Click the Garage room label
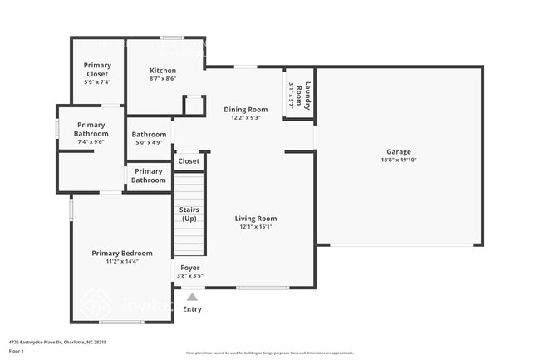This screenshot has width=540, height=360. pyautogui.click(x=398, y=152)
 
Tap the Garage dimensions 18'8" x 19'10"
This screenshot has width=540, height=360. pyautogui.click(x=398, y=160)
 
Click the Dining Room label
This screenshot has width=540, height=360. pyautogui.click(x=246, y=109)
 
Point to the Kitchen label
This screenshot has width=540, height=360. pyautogui.click(x=163, y=70)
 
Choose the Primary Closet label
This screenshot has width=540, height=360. pyautogui.click(x=97, y=69)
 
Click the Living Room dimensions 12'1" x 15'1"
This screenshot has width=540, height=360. pyautogui.click(x=255, y=227)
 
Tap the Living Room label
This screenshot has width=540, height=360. pyautogui.click(x=255, y=219)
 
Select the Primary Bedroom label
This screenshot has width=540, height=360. pyautogui.click(x=122, y=253)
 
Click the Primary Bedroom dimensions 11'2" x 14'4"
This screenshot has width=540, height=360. pyautogui.click(x=122, y=261)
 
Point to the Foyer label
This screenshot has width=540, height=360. pyautogui.click(x=190, y=268)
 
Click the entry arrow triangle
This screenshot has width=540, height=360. pyautogui.click(x=192, y=296)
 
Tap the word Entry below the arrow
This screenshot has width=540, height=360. pyautogui.click(x=192, y=309)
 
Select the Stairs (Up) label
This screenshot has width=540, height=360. pyautogui.click(x=189, y=214)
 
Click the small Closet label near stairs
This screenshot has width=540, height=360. pyautogui.click(x=189, y=161)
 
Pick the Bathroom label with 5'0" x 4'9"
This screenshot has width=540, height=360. pyautogui.click(x=149, y=134)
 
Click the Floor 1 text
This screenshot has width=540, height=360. pyautogui.click(x=17, y=351)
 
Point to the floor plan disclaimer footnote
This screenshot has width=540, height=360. pyautogui.click(x=269, y=353)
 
